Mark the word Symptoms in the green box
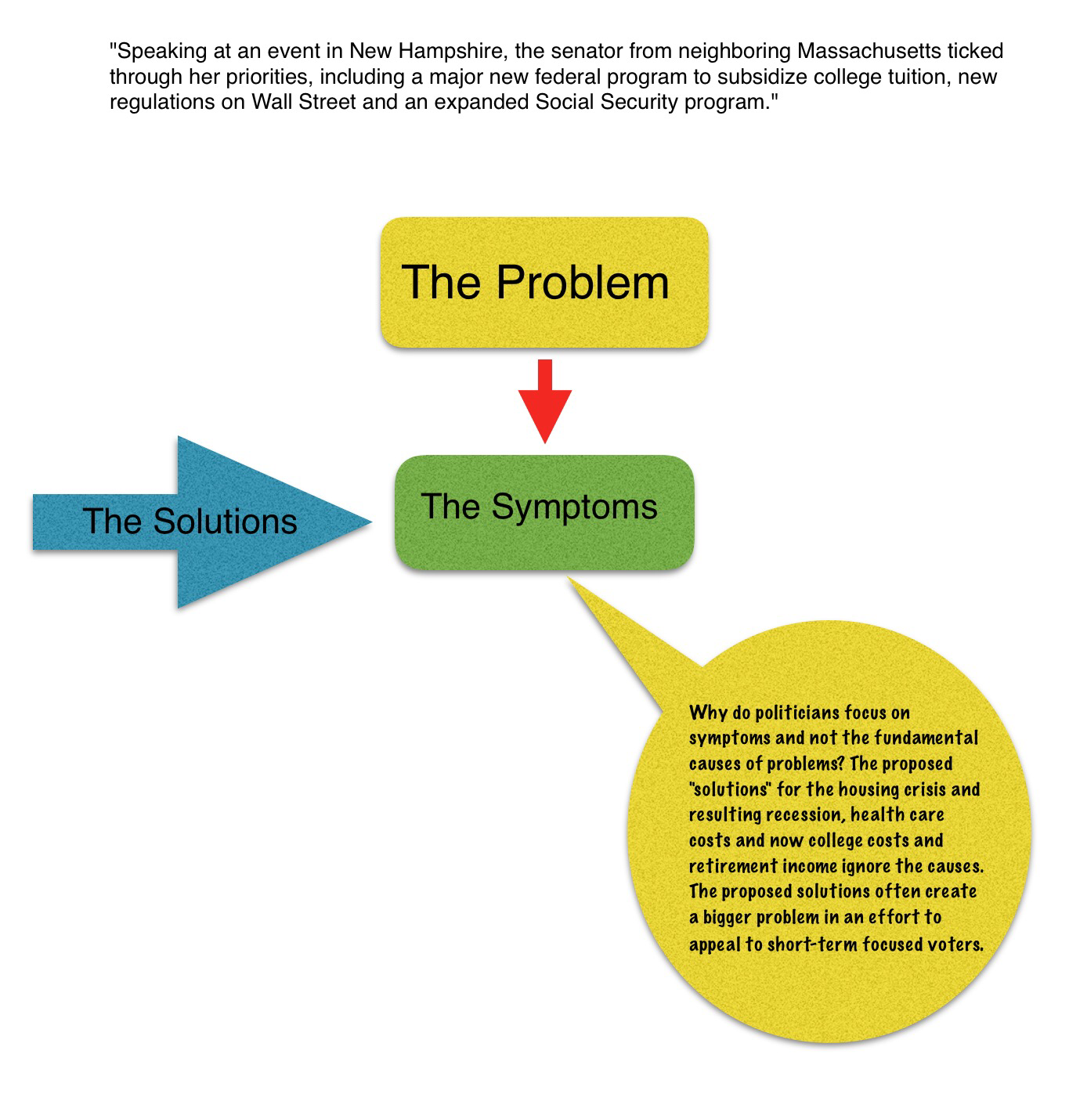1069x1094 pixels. tap(574, 507)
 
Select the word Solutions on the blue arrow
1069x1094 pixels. tap(225, 522)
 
